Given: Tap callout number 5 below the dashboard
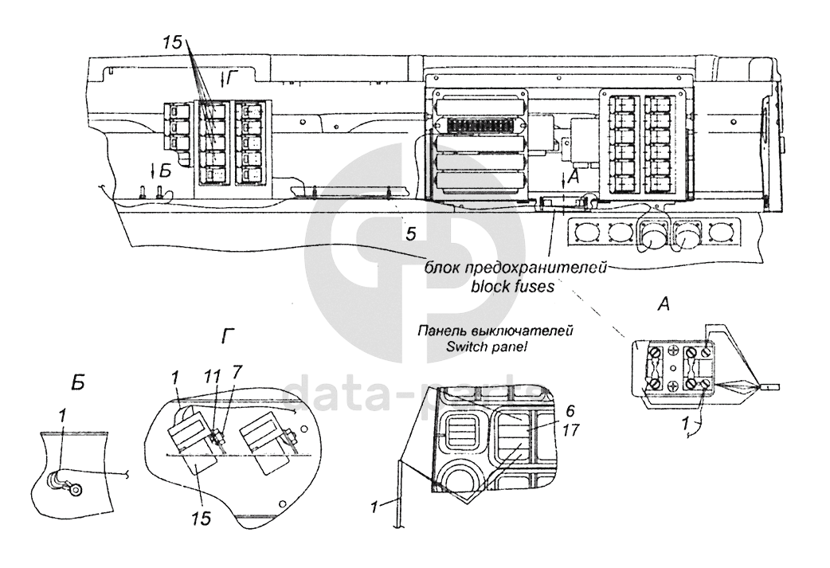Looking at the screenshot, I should pos(410,233).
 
